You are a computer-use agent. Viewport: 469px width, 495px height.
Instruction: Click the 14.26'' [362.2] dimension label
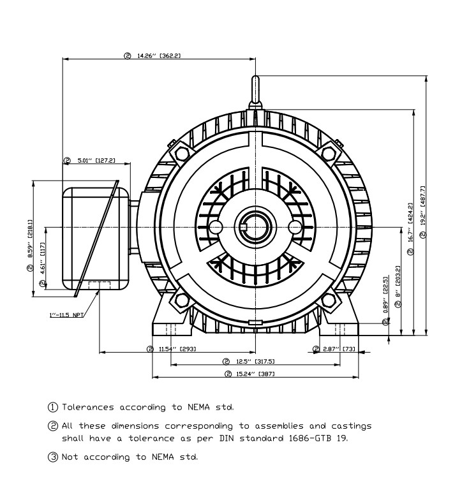tap(159, 55)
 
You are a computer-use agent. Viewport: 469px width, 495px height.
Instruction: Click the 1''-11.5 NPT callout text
tap(65, 315)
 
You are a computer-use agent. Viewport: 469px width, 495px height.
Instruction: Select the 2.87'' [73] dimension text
tap(338, 349)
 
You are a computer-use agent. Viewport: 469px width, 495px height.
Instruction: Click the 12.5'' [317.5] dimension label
tap(253, 361)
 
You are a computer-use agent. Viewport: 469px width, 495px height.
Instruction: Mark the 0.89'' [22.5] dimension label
tap(385, 300)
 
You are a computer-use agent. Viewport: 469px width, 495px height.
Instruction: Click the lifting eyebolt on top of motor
tap(255, 89)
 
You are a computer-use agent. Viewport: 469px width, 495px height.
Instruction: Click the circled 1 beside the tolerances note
tap(54, 407)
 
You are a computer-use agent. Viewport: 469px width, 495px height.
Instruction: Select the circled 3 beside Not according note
tap(54, 457)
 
